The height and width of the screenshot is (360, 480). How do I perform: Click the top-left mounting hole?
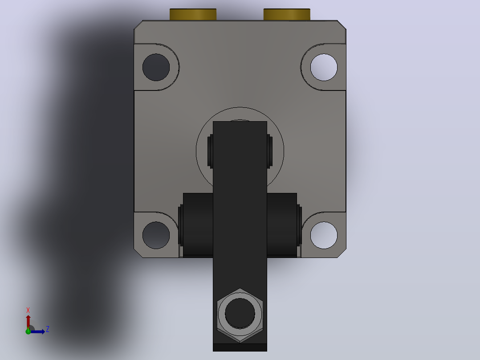[x=156, y=67]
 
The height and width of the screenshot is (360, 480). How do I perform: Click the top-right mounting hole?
[x=324, y=67]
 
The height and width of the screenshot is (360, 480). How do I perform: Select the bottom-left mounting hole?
[x=156, y=235]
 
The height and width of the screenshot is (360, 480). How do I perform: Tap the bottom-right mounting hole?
[x=324, y=235]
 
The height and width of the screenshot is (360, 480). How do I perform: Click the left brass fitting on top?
[x=193, y=14]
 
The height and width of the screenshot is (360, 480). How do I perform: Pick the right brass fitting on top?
[x=287, y=14]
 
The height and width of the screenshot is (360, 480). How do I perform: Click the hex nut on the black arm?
[x=240, y=315]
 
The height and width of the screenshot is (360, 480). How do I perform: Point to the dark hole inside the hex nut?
[x=240, y=313]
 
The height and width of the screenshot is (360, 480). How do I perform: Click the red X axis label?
[x=28, y=310]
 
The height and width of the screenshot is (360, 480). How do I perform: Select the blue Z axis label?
[x=48, y=329]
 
